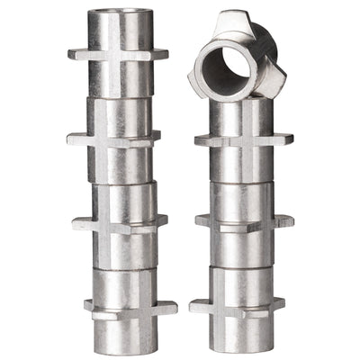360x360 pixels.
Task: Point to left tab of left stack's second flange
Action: pos(75,139)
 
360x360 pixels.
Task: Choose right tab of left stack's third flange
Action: pos(160,220)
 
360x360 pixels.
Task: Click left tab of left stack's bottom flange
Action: pos(91,307)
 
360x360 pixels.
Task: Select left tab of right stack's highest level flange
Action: pos(204,141)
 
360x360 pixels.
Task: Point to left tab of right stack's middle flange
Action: pos(203,221)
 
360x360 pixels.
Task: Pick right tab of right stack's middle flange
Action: pos(284,220)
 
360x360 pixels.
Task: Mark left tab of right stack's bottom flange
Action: pos(198,307)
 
